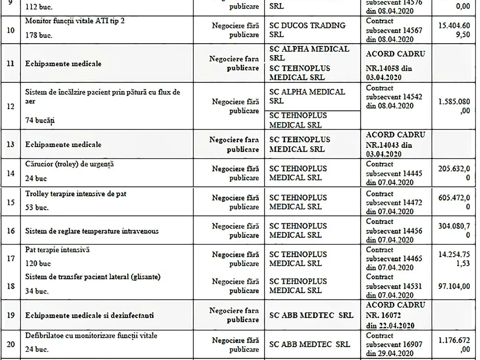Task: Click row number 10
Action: (11, 30)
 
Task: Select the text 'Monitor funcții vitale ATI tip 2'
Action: (75, 20)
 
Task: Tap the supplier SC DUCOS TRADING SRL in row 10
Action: (307, 30)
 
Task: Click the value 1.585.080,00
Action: (454, 106)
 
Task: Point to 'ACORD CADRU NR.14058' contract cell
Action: (395, 64)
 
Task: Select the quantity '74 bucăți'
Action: (40, 120)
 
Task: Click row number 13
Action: (11, 144)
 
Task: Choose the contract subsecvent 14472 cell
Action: (394, 202)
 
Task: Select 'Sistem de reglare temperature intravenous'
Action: (92, 231)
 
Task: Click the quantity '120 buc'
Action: (38, 264)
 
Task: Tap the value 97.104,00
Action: (454, 286)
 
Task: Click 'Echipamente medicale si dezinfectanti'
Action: (90, 315)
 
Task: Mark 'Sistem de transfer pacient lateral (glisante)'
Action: (93, 277)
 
